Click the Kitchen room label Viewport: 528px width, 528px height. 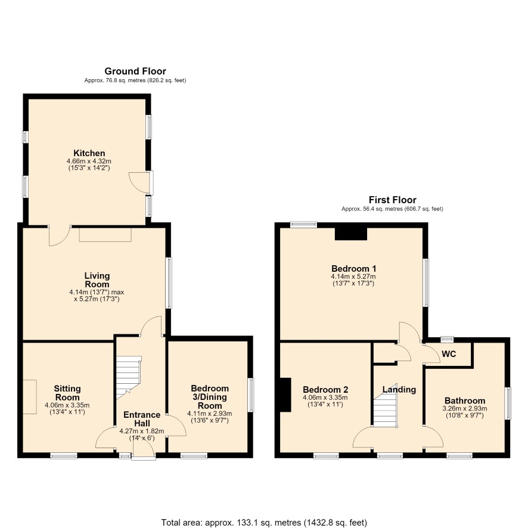click(89, 153)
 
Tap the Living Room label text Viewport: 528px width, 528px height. click(97, 280)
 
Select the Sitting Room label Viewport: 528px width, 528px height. click(67, 393)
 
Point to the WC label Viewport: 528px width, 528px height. click(449, 354)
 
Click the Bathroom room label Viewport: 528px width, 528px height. click(465, 400)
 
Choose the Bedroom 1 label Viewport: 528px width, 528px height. click(353, 269)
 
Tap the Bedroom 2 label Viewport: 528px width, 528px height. click(325, 390)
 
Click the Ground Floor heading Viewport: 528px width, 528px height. click(135, 72)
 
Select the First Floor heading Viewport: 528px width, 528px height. click(392, 200)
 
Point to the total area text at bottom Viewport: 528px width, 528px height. click(264, 523)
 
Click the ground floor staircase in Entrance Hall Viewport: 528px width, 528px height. click(128, 377)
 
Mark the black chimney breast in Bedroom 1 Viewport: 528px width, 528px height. click(351, 234)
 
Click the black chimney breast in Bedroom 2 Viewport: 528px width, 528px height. click(285, 395)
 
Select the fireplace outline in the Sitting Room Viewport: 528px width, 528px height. click(30, 397)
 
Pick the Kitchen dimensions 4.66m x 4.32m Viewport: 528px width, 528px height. click(89, 161)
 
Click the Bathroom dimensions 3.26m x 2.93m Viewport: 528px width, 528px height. click(465, 409)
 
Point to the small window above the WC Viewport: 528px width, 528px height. click(448, 339)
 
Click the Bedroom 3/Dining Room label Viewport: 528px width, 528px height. click(209, 397)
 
